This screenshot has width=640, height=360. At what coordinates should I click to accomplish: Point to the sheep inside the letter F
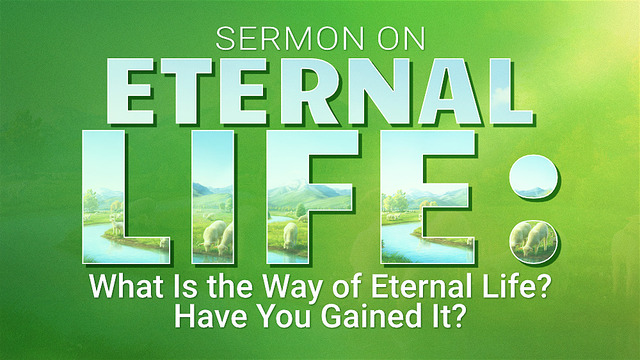pyautogui.click(x=291, y=235)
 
